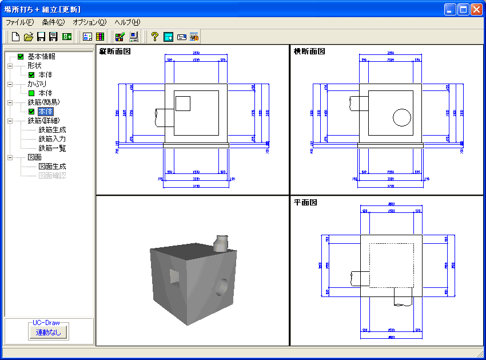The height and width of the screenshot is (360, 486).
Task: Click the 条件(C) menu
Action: [x=53, y=22]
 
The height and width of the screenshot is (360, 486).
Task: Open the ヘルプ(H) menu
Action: [x=127, y=22]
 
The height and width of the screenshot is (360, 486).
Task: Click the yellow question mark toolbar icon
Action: [x=154, y=37]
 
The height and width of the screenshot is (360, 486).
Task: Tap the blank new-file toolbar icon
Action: [x=15, y=37]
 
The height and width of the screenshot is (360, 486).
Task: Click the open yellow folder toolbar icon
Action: [x=28, y=37]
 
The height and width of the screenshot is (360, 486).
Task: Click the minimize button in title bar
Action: [x=451, y=10]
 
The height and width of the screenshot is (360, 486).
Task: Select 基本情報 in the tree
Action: [x=41, y=57]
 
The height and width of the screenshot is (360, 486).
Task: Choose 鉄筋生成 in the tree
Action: [x=52, y=130]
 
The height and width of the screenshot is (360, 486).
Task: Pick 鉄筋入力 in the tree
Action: [x=52, y=139]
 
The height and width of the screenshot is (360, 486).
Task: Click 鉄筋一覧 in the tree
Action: [x=52, y=148]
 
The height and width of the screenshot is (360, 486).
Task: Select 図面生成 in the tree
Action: [x=52, y=167]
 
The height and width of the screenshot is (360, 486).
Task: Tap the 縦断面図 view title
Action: [x=116, y=52]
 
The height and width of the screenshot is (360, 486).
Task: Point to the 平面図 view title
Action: [x=305, y=202]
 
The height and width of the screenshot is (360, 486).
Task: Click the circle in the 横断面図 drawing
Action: [x=402, y=117]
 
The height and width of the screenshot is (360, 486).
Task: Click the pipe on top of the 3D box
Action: [x=221, y=243]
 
